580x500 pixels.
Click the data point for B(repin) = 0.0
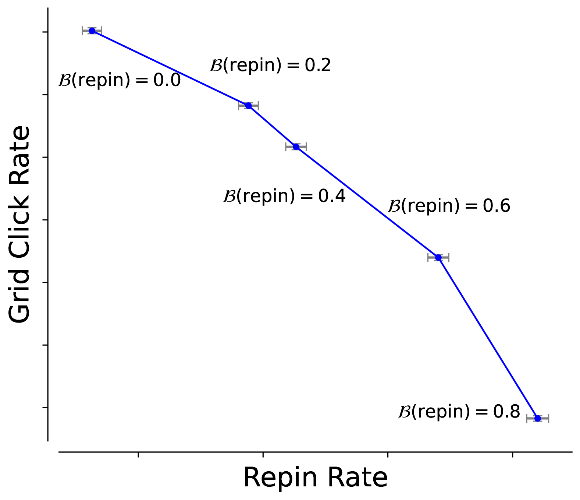pos(92,31)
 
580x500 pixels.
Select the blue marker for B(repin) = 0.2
pos(248,106)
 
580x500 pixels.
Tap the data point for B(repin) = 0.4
pos(296,147)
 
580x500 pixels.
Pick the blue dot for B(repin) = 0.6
pos(438,257)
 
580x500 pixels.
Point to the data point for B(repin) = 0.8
pos(537,418)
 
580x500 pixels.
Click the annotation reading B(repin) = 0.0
pos(120,80)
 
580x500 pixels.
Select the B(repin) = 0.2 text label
pos(270,66)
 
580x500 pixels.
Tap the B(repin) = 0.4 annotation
pos(284,196)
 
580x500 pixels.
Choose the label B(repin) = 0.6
pos(449,206)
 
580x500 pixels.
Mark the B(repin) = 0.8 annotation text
pos(459,412)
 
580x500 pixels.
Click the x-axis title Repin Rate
pos(315,478)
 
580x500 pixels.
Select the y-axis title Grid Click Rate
pos(19,225)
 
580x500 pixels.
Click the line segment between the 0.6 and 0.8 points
pos(488,338)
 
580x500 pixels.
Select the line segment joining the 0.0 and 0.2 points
pos(170,68)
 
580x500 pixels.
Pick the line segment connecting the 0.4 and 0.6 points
pos(367,202)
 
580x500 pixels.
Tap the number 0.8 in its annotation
pos(506,412)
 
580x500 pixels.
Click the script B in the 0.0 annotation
pos(65,80)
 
